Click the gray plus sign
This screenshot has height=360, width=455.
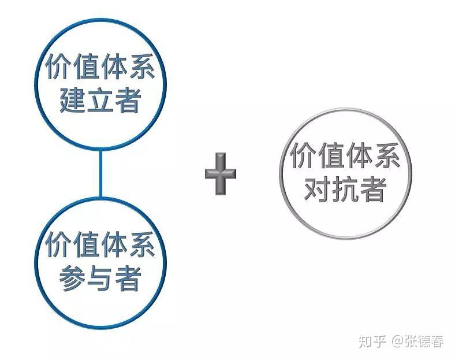tap(221, 173)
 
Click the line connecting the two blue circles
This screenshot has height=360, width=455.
tap(100, 173)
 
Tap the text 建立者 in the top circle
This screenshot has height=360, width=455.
tap(100, 100)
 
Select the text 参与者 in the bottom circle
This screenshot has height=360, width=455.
tap(100, 279)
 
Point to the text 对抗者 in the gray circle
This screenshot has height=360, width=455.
tap(345, 190)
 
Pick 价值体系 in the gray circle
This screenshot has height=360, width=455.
tap(345, 155)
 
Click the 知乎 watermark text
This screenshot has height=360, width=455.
tap(372, 342)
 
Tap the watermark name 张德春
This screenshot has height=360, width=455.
tap(424, 342)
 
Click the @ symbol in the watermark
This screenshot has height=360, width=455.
tap(397, 342)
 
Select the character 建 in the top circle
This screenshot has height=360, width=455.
tap(72, 100)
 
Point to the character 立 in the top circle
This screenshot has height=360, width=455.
tap(100, 101)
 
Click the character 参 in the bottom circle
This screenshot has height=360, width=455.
tap(72, 279)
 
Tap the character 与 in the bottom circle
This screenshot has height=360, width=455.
tap(100, 279)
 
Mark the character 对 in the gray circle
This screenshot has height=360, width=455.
tap(317, 190)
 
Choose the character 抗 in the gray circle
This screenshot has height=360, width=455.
tap(345, 190)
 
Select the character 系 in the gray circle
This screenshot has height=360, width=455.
tap(387, 155)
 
